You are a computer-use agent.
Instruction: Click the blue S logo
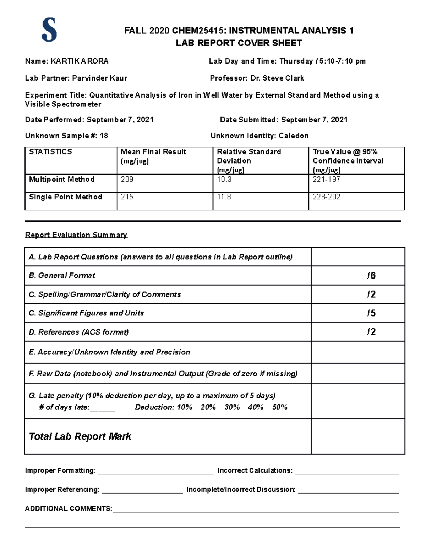pyautogui.click(x=49, y=31)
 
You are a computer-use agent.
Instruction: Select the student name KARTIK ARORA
pyautogui.click(x=80, y=61)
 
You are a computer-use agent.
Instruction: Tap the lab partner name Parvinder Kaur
pyautogui.click(x=100, y=78)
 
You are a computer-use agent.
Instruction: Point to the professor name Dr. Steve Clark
pyautogui.click(x=277, y=78)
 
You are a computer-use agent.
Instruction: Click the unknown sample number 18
pyautogui.click(x=104, y=136)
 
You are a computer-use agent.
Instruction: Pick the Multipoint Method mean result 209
pyautogui.click(x=127, y=180)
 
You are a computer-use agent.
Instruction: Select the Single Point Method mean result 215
pyautogui.click(x=127, y=197)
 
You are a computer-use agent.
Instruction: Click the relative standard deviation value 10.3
pyautogui.click(x=224, y=180)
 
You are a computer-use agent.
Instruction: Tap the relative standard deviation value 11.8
pyautogui.click(x=224, y=197)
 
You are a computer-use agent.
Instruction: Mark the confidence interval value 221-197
pyautogui.click(x=326, y=180)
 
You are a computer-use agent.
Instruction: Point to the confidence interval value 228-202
pyautogui.click(x=326, y=197)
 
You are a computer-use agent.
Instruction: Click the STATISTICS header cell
pyautogui.click(x=50, y=152)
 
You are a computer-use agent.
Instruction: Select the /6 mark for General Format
pyautogui.click(x=371, y=276)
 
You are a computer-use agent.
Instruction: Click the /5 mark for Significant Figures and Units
pyautogui.click(x=371, y=313)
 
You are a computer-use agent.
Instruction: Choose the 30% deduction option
pyautogui.click(x=232, y=407)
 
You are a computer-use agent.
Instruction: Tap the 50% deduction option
pyautogui.click(x=280, y=407)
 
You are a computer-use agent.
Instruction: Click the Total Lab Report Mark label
pyautogui.click(x=80, y=436)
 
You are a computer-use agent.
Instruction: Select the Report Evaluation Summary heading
pyautogui.click(x=76, y=235)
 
